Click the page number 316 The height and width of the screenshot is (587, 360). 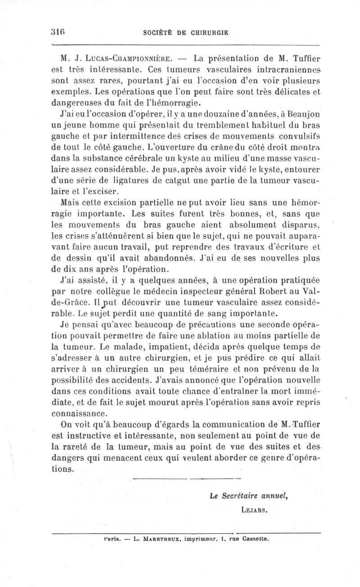point(58,32)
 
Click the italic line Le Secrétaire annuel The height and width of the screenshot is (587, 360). point(248,497)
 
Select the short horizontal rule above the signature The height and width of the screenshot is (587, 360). point(187,478)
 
